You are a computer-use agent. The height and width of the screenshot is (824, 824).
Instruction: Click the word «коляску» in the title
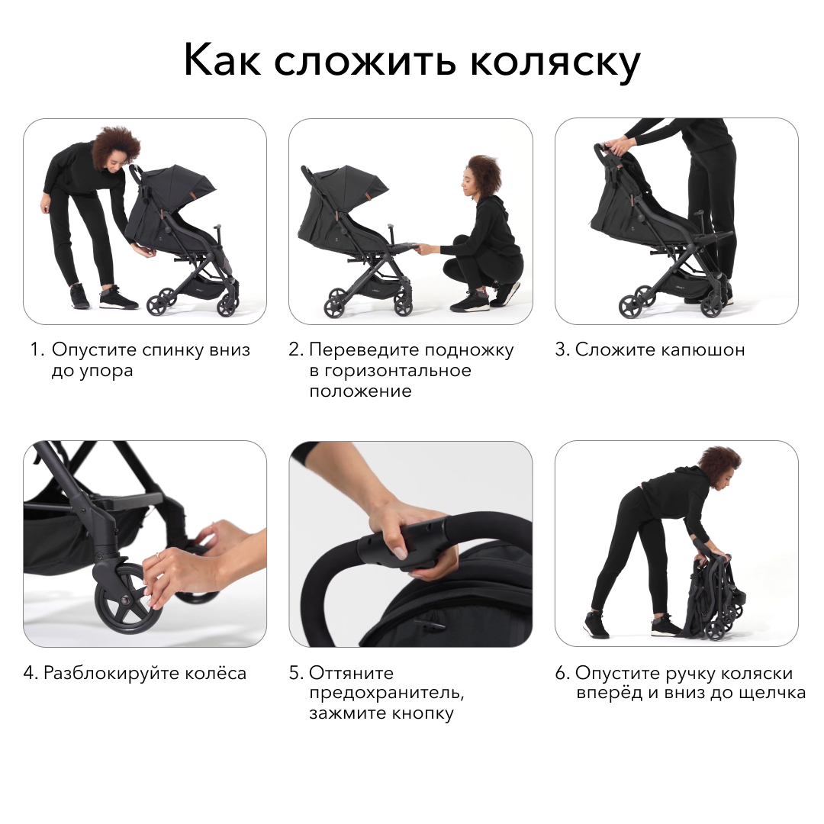click(x=555, y=62)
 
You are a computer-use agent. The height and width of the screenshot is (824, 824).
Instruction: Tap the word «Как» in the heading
click(x=222, y=59)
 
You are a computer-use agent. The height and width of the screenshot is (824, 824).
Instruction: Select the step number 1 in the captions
click(x=37, y=349)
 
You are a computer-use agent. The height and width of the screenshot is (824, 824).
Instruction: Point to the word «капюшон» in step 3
click(x=703, y=350)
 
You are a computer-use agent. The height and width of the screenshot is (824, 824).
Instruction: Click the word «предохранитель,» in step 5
click(x=387, y=694)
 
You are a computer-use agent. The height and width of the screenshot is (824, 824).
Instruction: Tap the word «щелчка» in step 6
click(x=772, y=693)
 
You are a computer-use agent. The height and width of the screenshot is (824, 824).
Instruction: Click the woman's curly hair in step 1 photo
click(x=117, y=145)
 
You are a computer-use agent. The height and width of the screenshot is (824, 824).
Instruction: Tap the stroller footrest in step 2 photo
click(x=402, y=246)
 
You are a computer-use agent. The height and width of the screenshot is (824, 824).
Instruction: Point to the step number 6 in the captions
click(x=562, y=673)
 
